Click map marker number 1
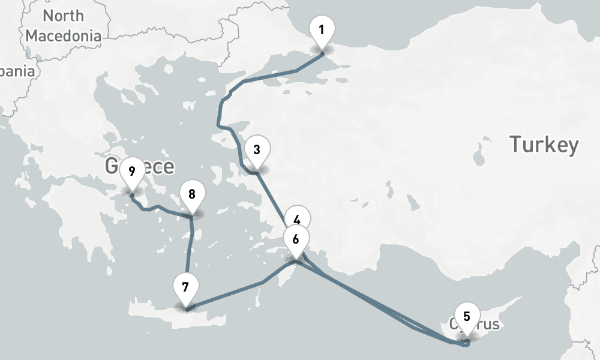coord(322,29)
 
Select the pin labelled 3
coord(257,149)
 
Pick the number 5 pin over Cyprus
coord(467,314)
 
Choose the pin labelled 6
coord(295,238)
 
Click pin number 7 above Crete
coord(185,286)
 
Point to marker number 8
coord(192,194)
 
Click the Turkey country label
coord(544,145)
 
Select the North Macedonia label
coord(63,26)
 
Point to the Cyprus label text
coord(486,325)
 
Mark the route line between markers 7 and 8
coord(190,252)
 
